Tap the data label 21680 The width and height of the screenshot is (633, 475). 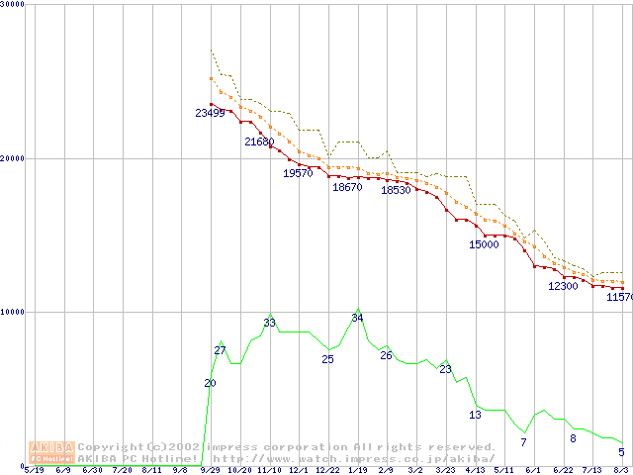point(259,142)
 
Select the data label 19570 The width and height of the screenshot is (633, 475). point(298,173)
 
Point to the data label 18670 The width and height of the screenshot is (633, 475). point(347,187)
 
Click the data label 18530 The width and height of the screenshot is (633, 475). point(396,190)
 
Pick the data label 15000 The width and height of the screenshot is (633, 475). point(484,244)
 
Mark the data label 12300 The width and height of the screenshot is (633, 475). point(563,286)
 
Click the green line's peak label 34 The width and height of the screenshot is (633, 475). point(358,318)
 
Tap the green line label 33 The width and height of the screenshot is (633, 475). point(270,323)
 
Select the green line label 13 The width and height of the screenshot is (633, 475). point(475,415)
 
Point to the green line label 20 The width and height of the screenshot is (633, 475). point(210,383)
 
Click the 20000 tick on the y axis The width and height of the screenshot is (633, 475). point(13,158)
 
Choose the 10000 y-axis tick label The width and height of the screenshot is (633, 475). point(13,312)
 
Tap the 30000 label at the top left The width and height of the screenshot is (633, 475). point(13,5)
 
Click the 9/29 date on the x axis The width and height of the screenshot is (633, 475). point(210,470)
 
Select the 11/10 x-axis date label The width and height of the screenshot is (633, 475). point(269,470)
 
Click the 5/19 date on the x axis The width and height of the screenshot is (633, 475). point(34,470)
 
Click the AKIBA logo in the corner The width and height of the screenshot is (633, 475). point(51,452)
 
